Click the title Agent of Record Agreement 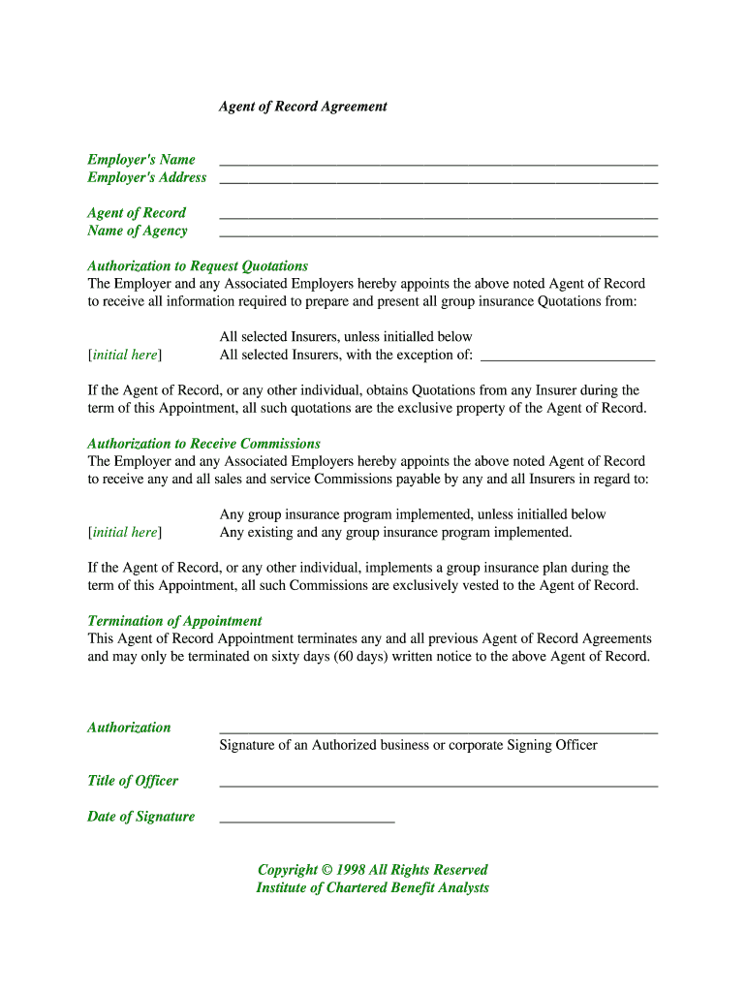coord(302,107)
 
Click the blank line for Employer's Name coord(438,164)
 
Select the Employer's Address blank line coord(438,181)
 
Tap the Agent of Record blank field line coord(438,217)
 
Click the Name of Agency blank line coord(438,234)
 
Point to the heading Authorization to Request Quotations coord(198,266)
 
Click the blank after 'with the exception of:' coord(567,358)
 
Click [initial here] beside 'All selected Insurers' coord(125,356)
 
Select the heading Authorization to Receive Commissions coord(203,444)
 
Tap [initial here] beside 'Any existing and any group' coord(125,533)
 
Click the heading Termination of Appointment coord(174,621)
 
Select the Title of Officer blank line coord(438,785)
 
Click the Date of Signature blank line coord(307,821)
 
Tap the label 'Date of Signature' coord(140,817)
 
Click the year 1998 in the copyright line coord(351,870)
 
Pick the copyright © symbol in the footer coord(326,870)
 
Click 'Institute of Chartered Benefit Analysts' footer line coord(372,887)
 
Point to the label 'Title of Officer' coord(133,781)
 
